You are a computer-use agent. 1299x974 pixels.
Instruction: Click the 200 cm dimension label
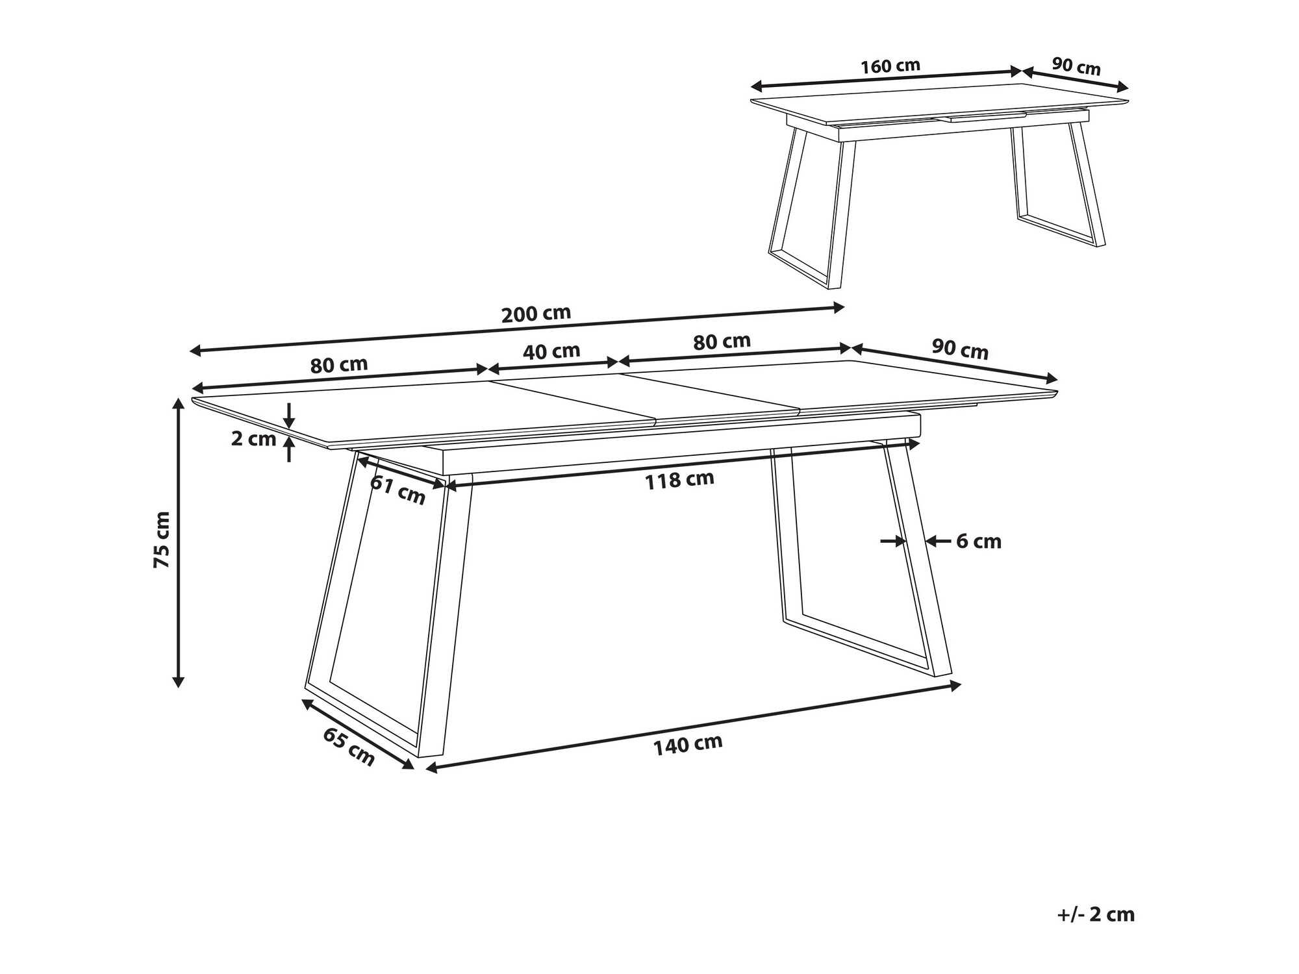pyautogui.click(x=536, y=314)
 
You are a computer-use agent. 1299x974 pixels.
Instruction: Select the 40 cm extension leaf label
pyautogui.click(x=551, y=351)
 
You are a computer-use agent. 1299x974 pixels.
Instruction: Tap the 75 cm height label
pyautogui.click(x=162, y=540)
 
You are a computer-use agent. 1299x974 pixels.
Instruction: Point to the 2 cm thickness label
pyautogui.click(x=253, y=439)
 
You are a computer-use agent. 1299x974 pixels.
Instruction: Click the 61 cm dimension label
pyautogui.click(x=397, y=490)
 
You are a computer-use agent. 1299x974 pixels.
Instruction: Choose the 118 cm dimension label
pyautogui.click(x=679, y=480)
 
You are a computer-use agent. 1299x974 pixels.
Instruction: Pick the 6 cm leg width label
pyautogui.click(x=979, y=541)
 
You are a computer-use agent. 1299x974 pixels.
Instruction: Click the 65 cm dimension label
pyautogui.click(x=349, y=747)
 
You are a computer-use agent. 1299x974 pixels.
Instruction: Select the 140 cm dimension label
pyautogui.click(x=688, y=744)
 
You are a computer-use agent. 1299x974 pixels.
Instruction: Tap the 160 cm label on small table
pyautogui.click(x=890, y=66)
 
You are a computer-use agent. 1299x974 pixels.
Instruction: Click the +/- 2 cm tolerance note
pyautogui.click(x=1096, y=914)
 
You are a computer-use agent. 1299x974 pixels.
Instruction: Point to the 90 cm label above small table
pyautogui.click(x=1076, y=66)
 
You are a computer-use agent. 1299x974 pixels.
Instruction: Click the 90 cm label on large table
pyautogui.click(x=960, y=349)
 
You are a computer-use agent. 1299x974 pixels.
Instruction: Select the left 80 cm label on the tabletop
pyautogui.click(x=339, y=365)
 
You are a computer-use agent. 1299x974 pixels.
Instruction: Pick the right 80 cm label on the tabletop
pyautogui.click(x=722, y=342)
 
